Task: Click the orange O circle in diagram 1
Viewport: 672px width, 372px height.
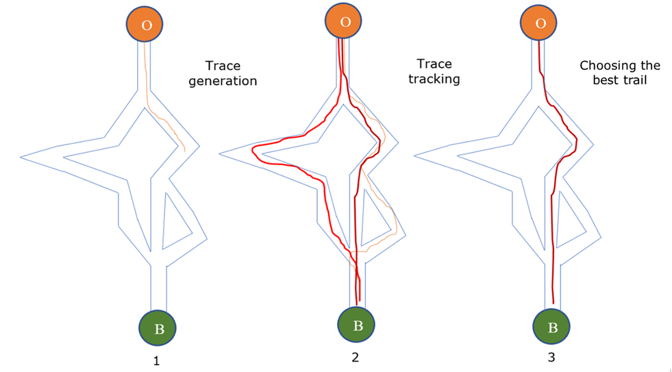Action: point(145,24)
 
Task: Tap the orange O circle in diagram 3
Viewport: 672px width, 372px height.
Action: point(540,23)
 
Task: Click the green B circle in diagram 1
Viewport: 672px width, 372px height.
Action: point(158,328)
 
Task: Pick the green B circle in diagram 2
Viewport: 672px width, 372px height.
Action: point(358,325)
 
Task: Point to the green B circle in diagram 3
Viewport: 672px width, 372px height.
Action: point(553,327)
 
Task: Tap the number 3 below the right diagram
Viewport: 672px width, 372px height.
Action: point(551,358)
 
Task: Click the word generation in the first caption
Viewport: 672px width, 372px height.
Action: point(223,81)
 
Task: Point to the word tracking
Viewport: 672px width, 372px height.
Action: point(434,79)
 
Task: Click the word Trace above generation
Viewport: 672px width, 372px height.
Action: point(223,66)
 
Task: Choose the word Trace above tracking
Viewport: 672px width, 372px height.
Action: point(434,64)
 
